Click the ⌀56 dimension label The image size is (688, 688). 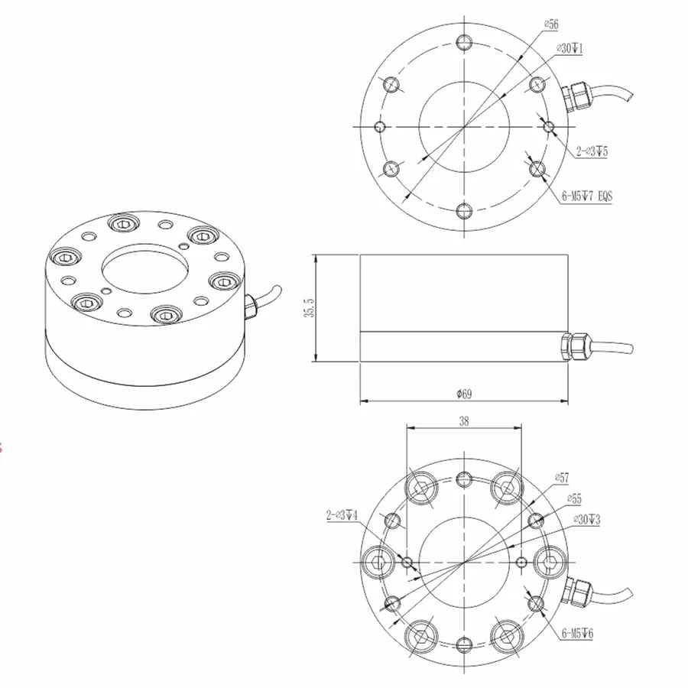pos(550,25)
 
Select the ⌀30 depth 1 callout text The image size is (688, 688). pos(570,49)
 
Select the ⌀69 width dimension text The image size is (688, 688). pos(463,394)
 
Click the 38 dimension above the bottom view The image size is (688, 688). pos(463,420)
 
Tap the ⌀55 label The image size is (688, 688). pos(573,498)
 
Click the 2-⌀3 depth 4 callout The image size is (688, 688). pos(342,516)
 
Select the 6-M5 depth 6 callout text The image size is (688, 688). pos(582,634)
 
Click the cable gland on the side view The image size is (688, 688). pos(575,346)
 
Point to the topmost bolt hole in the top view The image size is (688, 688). pos(463,41)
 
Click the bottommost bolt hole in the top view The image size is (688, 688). pos(463,211)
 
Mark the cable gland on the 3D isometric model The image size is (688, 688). pos(250,306)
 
